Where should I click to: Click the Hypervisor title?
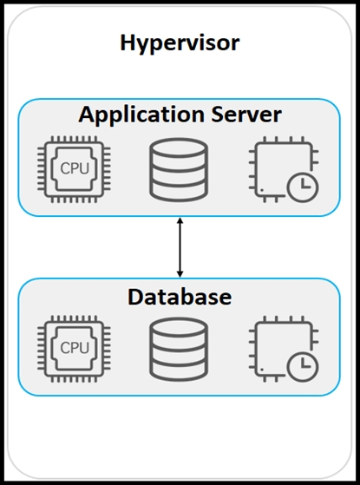[x=180, y=44]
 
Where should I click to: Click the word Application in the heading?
[x=141, y=115]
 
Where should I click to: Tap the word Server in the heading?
[x=246, y=115]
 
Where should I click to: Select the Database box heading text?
[x=180, y=297]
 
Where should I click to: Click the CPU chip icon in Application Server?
[x=75, y=169]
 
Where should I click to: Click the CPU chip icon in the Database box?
[x=75, y=348]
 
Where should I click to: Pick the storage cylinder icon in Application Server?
[x=179, y=170]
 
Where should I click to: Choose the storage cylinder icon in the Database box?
[x=179, y=350]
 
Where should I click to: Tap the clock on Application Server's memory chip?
[x=303, y=187]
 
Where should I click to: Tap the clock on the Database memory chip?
[x=303, y=366]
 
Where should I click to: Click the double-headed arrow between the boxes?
[x=180, y=247]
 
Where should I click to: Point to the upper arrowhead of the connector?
[x=180, y=220]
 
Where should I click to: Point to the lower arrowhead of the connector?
[x=180, y=274]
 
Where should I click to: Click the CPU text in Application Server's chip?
[x=75, y=169]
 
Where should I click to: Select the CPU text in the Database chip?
[x=75, y=348]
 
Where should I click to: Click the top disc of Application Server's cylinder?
[x=179, y=147]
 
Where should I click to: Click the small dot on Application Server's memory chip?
[x=262, y=190]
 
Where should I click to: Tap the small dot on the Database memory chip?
[x=262, y=370]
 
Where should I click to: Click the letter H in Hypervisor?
[x=128, y=43]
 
